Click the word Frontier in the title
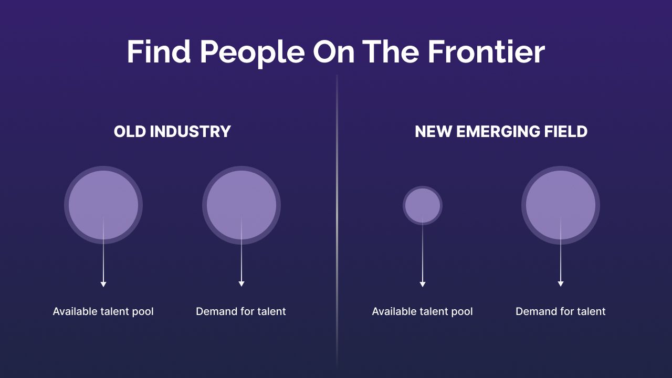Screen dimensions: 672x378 click(x=486, y=51)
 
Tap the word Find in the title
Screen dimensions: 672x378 click(x=159, y=51)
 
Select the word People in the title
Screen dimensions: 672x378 click(x=253, y=54)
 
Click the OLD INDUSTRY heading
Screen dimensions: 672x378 click(x=172, y=131)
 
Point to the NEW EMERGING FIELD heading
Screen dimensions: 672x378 click(x=501, y=131)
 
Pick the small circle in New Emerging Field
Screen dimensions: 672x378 click(x=423, y=205)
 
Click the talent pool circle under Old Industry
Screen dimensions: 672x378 click(x=103, y=205)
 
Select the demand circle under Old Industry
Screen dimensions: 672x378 click(x=241, y=205)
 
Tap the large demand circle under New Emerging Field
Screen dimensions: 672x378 click(x=561, y=205)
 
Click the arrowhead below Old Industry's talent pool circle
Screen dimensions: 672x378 click(x=103, y=284)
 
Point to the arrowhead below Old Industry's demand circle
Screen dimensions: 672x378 click(x=241, y=284)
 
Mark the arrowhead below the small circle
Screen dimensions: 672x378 click(x=423, y=284)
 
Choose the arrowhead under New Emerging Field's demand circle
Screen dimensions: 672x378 click(x=561, y=284)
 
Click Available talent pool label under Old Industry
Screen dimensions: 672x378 click(x=103, y=312)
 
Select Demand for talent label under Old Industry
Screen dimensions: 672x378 click(x=241, y=311)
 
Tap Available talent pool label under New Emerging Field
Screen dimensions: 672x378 click(x=423, y=312)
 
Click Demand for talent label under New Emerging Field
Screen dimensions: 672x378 click(x=560, y=311)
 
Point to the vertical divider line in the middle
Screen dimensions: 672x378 click(x=337, y=222)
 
